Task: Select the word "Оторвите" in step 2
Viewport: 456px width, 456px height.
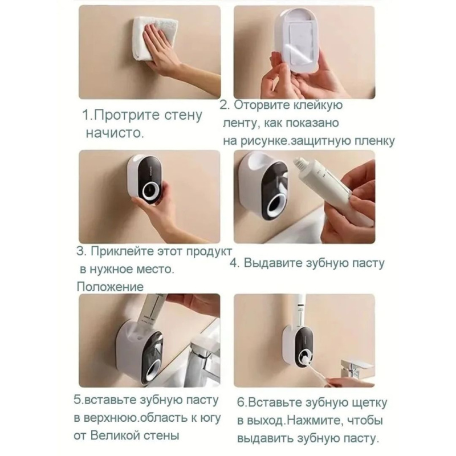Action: point(268,105)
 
